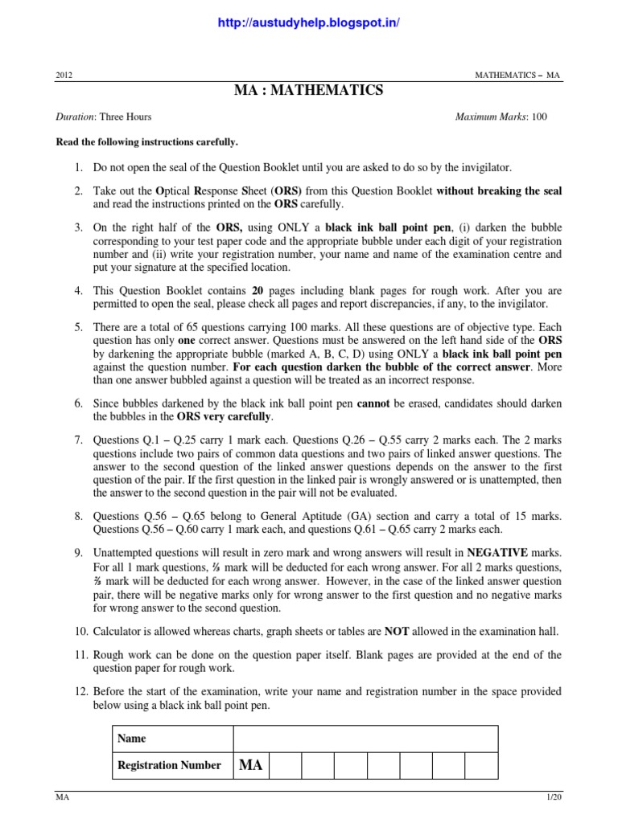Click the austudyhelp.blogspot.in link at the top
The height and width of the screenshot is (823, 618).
pos(309,23)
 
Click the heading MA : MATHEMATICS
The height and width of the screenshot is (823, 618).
pos(309,91)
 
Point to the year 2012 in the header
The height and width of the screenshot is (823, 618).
pos(64,75)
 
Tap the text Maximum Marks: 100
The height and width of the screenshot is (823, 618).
pos(501,117)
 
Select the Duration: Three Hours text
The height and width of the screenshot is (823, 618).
pos(103,117)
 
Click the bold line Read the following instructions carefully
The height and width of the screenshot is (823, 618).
pos(146,142)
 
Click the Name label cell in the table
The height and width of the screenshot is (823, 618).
pos(131,739)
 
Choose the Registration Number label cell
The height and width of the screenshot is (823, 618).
pos(169,765)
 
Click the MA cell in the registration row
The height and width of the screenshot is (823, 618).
pos(250,765)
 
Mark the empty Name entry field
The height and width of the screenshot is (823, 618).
pos(365,739)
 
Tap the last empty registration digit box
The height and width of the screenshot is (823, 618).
pos(481,765)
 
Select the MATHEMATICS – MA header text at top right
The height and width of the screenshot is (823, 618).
pos(518,75)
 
